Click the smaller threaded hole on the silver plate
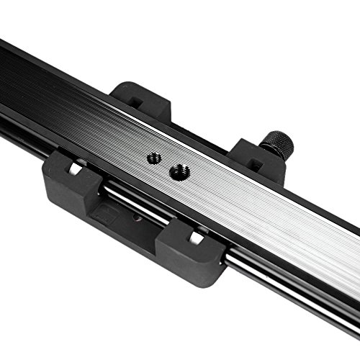(153, 157)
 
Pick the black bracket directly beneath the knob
(256, 160)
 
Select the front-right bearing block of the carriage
(189, 247)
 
